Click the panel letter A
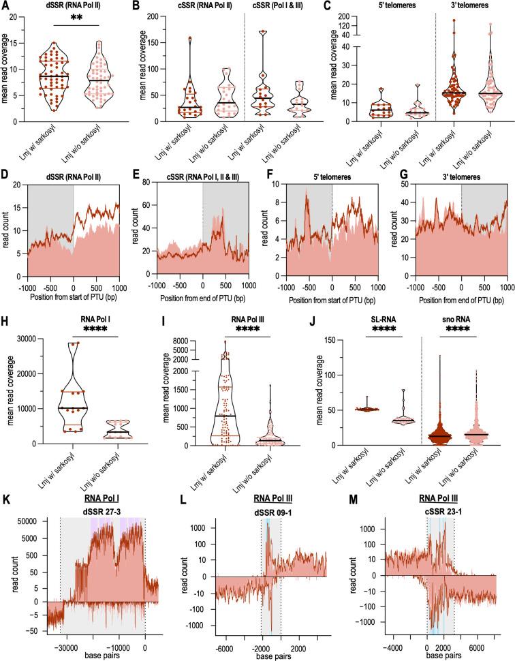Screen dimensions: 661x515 pyautogui.click(x=7, y=6)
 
